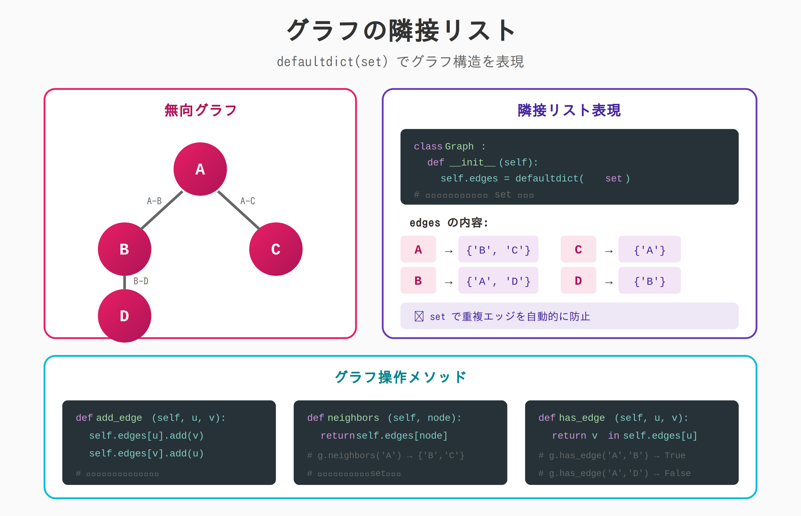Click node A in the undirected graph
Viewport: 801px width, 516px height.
[x=200, y=169]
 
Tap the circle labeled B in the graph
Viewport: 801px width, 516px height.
[x=124, y=249]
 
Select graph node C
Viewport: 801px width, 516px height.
[x=276, y=249]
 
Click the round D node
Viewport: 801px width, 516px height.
[x=124, y=316]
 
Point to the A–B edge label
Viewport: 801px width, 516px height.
[x=154, y=201]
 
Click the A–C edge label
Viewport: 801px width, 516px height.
[x=248, y=201]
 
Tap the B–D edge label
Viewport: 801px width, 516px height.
[x=141, y=281]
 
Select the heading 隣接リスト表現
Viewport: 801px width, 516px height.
[x=569, y=110]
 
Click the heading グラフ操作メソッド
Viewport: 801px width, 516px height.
[x=400, y=377]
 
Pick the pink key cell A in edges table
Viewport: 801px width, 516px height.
[x=418, y=249]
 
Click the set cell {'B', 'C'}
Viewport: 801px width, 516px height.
[x=498, y=250]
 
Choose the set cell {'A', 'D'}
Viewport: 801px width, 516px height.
[x=498, y=281]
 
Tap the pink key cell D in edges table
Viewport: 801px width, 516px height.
[x=578, y=281]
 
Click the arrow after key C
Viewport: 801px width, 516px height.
[x=609, y=251]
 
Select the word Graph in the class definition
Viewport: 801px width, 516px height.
[x=459, y=146]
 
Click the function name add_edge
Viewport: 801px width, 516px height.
[x=119, y=418]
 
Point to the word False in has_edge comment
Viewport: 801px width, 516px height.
[x=677, y=473]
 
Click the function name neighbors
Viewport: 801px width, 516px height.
[x=353, y=418]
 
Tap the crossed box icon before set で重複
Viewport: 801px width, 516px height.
[x=419, y=316]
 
